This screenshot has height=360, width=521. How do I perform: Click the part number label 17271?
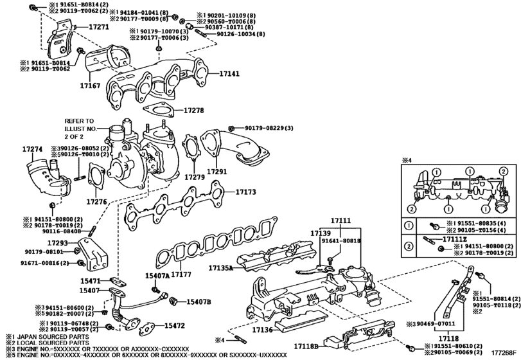(98, 28)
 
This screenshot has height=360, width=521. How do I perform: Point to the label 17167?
(91, 84)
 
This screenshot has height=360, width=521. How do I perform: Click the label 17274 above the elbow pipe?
(33, 149)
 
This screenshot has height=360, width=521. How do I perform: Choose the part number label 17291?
(216, 172)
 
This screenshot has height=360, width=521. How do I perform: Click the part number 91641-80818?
(343, 240)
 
